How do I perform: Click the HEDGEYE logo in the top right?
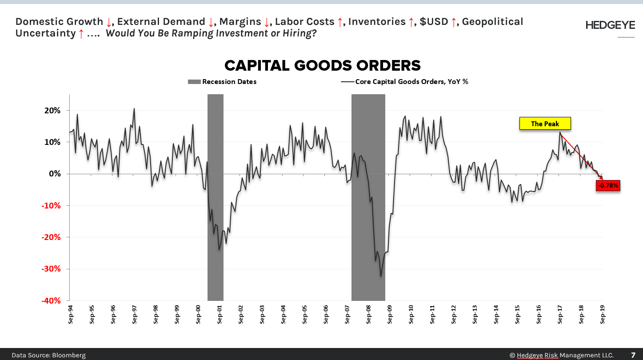click(610, 25)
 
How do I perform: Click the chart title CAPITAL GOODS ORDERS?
click(322, 66)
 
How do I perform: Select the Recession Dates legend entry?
click(223, 81)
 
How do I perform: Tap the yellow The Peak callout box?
click(545, 124)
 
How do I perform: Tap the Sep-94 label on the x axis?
click(71, 314)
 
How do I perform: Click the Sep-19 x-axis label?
click(603, 314)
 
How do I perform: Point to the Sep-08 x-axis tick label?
click(369, 314)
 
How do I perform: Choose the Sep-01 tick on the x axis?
click(220, 314)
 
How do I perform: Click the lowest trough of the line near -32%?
click(381, 276)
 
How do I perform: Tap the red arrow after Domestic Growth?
click(109, 22)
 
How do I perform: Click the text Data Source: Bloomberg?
click(48, 355)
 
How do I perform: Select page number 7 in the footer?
click(633, 355)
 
